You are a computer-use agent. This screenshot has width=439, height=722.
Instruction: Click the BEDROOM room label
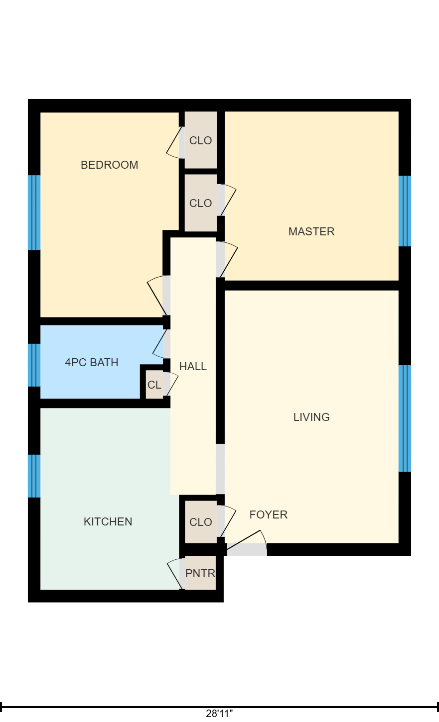110,165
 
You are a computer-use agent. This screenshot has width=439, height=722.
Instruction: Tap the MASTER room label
311,231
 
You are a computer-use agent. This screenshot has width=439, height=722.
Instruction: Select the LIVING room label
311,417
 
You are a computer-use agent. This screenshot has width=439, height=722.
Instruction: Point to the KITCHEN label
108,521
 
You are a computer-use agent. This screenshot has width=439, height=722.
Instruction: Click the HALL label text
193,367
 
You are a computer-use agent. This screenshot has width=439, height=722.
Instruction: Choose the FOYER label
269,515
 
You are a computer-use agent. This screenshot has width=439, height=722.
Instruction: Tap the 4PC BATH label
92,362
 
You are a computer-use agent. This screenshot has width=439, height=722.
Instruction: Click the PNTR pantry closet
200,574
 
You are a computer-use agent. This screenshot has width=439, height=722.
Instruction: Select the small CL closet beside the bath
154,385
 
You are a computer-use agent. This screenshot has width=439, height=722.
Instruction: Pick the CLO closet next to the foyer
201,522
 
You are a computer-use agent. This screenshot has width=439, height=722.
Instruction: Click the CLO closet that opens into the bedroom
201,140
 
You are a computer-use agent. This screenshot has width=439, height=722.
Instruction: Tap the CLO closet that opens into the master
201,203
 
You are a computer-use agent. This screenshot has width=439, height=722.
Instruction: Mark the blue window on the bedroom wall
34,212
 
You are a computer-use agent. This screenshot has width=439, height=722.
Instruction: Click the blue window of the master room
405,211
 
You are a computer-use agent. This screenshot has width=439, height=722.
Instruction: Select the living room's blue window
405,418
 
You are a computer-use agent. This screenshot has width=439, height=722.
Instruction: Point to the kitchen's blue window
34,476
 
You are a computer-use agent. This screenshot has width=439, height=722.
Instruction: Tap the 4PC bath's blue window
34,365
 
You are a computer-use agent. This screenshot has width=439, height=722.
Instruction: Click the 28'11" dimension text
219,714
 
